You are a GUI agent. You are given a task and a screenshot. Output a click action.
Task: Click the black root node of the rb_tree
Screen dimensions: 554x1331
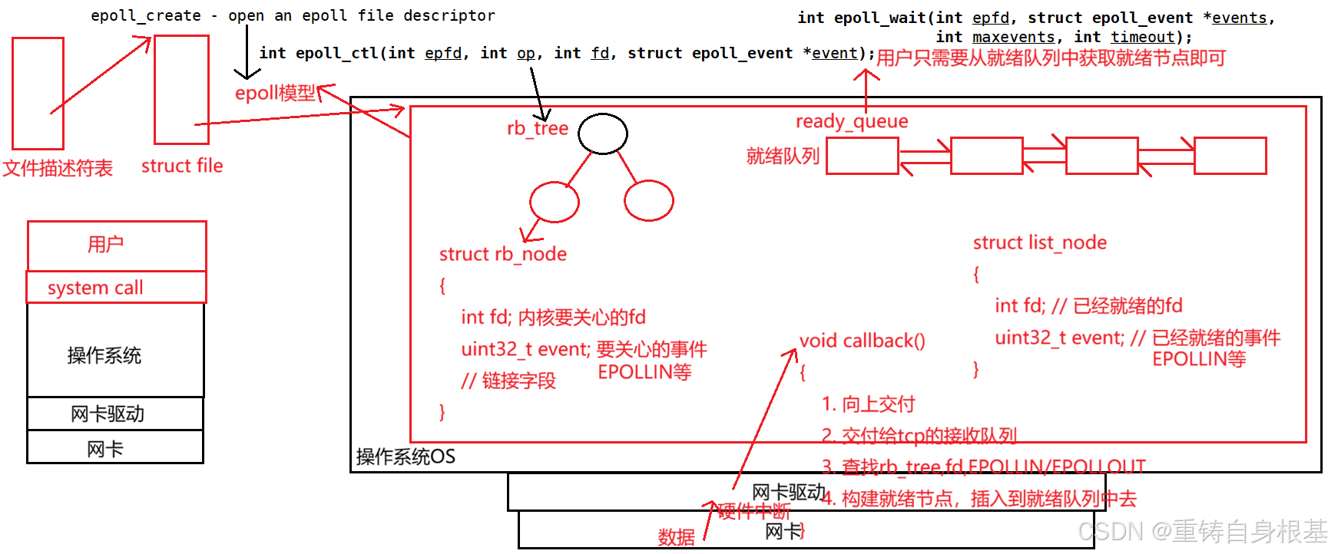pos(603,134)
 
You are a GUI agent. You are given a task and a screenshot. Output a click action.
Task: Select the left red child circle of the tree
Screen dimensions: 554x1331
pos(555,202)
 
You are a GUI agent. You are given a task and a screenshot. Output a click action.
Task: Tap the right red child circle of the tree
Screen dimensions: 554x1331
pos(649,201)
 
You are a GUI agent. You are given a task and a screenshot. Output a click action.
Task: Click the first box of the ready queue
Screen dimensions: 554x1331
pos(863,156)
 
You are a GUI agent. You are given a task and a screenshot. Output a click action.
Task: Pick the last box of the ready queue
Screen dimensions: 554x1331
pos(1230,156)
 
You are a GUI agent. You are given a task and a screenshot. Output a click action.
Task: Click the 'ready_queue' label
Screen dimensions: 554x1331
pos(852,121)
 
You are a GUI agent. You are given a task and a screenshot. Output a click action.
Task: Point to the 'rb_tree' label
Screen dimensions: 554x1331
pos(538,128)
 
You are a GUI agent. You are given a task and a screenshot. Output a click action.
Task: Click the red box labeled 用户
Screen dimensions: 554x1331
pos(117,246)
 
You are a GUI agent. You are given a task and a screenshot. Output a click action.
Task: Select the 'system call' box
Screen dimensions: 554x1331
pos(117,288)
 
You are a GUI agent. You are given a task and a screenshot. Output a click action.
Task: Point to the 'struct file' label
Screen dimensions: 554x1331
pos(182,166)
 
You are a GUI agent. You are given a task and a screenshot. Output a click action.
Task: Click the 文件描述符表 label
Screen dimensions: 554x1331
pos(58,168)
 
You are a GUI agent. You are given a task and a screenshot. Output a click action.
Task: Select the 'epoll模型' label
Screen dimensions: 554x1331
pos(275,93)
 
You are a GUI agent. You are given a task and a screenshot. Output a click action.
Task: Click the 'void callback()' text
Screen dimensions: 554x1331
pos(862,341)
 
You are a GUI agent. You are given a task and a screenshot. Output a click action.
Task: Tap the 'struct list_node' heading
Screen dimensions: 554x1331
pos(1040,242)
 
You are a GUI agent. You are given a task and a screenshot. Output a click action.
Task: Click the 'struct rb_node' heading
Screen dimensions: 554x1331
pos(503,254)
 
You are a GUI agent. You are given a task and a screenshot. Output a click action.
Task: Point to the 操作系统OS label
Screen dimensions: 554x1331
pos(406,457)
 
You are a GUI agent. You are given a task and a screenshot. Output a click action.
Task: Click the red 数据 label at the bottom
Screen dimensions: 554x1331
pos(677,536)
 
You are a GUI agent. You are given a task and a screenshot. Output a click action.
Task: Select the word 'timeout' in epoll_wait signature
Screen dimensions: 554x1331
pos(1143,37)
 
